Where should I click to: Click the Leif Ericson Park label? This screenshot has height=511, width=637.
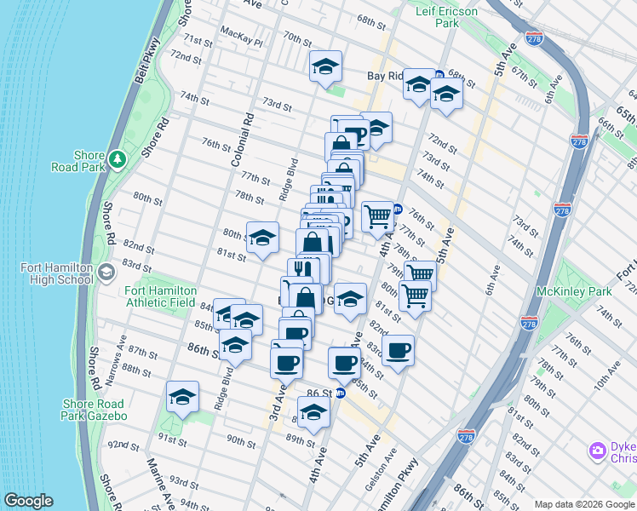click(446, 17)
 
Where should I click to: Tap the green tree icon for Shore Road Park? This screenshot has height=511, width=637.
click(117, 159)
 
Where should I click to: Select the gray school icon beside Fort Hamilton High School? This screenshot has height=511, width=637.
click(106, 273)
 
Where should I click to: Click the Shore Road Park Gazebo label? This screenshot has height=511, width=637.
click(94, 410)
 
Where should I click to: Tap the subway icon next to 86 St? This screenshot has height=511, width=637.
click(340, 393)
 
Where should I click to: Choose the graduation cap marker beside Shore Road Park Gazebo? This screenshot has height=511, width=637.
click(182, 397)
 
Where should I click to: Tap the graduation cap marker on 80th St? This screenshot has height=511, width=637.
click(262, 238)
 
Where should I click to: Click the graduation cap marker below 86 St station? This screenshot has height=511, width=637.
click(313, 414)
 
